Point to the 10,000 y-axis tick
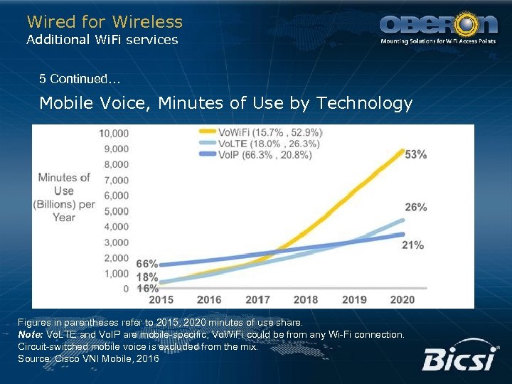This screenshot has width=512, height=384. click(114, 133)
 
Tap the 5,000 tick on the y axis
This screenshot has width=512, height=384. click(117, 211)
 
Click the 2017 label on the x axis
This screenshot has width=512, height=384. click(257, 300)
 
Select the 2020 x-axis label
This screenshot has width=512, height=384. click(402, 300)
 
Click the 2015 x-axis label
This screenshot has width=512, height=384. click(161, 300)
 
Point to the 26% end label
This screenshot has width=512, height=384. click(415, 208)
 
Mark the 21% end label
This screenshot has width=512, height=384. click(413, 245)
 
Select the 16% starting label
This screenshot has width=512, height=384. click(146, 289)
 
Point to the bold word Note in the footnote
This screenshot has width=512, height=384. click(31, 334)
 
